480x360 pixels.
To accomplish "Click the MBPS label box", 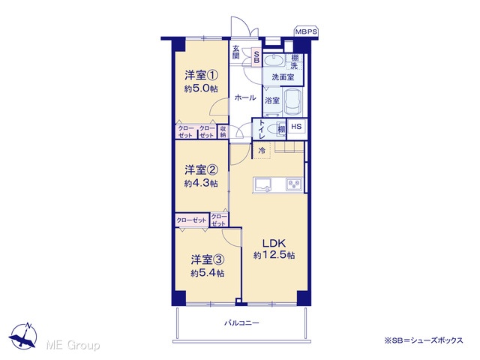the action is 306,31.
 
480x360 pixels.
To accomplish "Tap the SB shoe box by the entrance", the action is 256,57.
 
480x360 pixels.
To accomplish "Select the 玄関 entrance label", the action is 235,52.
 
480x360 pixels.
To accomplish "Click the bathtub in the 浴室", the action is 292,102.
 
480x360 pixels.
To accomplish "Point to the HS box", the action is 296,127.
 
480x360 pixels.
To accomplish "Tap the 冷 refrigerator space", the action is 262,151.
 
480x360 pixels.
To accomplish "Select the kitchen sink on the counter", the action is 263,184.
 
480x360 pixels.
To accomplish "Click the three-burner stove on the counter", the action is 294,184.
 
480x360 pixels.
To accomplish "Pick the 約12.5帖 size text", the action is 274,255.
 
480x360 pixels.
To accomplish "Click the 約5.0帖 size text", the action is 201,88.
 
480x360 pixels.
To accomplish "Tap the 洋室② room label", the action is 201,169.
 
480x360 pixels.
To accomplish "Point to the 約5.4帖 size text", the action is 208,273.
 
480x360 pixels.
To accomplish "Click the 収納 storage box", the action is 223,132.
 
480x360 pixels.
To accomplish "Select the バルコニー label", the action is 241,323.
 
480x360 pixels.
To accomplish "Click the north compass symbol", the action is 24,335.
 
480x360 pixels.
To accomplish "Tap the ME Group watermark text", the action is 73,345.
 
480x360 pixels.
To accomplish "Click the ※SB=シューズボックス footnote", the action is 424,340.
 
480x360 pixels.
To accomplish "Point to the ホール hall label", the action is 245,97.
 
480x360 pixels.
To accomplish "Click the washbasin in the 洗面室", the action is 274,60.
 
